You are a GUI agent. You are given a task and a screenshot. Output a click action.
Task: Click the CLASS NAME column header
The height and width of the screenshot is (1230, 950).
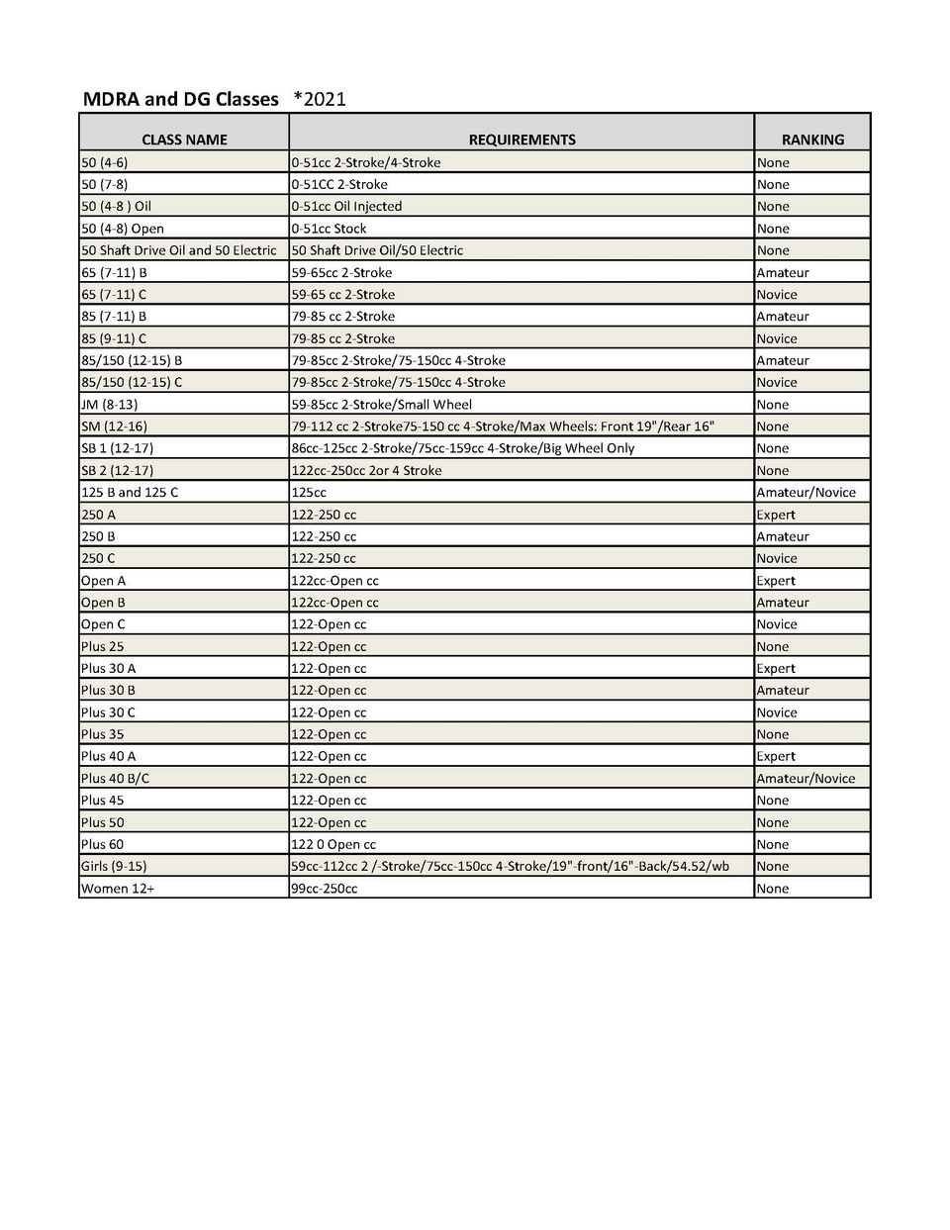[x=184, y=140]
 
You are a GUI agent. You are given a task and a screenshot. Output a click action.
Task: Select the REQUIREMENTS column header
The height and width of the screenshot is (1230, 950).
[x=522, y=140]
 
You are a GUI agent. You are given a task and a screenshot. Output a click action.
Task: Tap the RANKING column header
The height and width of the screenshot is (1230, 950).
[x=812, y=140]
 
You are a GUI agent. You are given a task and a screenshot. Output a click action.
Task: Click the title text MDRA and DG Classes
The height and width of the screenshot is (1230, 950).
[x=180, y=99]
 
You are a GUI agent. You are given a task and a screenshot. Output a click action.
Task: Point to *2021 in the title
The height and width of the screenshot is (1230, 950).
[x=320, y=99]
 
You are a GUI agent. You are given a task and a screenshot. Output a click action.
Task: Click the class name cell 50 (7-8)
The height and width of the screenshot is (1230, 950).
[x=104, y=184]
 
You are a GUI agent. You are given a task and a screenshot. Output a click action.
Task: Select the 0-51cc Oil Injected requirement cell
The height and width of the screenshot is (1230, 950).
[x=346, y=206]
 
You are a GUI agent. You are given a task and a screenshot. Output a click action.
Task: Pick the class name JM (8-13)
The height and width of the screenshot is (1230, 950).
[x=109, y=404]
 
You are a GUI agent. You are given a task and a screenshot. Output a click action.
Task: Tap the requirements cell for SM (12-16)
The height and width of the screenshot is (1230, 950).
[x=503, y=426]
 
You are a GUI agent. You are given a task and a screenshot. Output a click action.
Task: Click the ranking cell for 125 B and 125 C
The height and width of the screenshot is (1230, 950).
[x=806, y=492]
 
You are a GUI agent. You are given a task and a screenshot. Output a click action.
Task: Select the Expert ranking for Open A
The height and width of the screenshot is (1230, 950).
[x=776, y=580]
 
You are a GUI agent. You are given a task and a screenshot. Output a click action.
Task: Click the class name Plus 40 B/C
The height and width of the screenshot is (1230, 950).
[x=115, y=778]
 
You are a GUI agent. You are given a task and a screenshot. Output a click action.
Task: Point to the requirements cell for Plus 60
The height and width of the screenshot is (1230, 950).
[x=333, y=844]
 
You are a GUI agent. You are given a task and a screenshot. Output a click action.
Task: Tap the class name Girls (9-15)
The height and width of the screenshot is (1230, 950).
[x=113, y=866]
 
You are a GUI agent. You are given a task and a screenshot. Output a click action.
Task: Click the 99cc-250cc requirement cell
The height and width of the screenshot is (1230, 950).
[x=325, y=889]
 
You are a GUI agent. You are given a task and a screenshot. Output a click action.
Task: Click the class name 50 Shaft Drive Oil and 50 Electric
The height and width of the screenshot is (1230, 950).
[x=178, y=250]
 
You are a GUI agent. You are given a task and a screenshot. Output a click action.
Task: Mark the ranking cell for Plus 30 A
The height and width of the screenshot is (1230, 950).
[x=776, y=668]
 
